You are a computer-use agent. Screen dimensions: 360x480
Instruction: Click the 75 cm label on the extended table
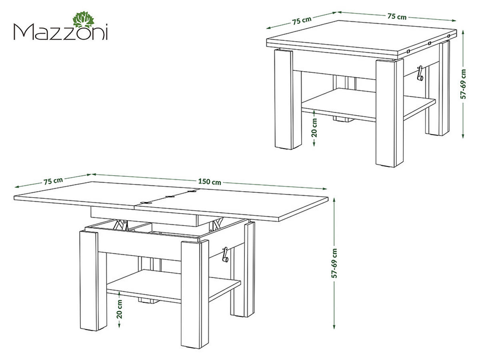(53, 180)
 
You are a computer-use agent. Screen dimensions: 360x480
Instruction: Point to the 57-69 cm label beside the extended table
(335, 263)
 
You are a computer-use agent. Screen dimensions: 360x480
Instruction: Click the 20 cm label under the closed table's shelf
(314, 127)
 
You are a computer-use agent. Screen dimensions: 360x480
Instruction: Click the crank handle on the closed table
(420, 73)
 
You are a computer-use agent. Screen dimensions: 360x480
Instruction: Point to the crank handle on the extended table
(225, 254)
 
